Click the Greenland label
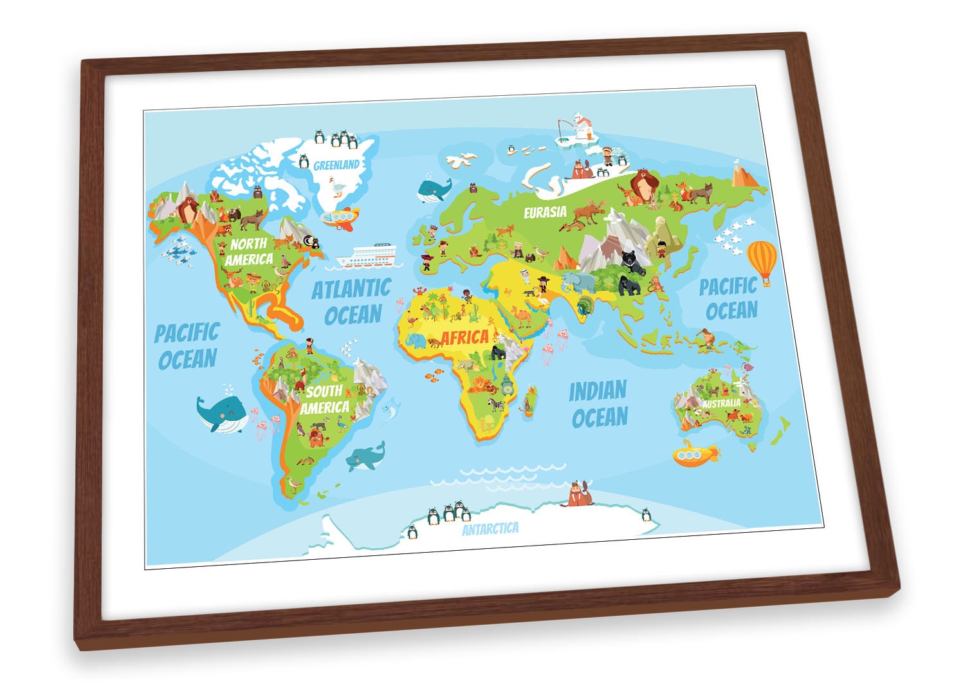pyautogui.click(x=336, y=165)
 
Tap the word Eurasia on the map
pyautogui.click(x=545, y=211)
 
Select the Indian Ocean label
pyautogui.click(x=598, y=403)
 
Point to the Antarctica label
pyautogui.click(x=490, y=529)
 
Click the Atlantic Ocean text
pyautogui.click(x=352, y=301)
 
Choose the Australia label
pyautogui.click(x=722, y=403)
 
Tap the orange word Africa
pyautogui.click(x=464, y=337)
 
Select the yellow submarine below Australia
pyautogui.click(x=695, y=454)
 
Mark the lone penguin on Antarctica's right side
pyautogui.click(x=646, y=514)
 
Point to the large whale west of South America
pyautogui.click(x=221, y=412)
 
